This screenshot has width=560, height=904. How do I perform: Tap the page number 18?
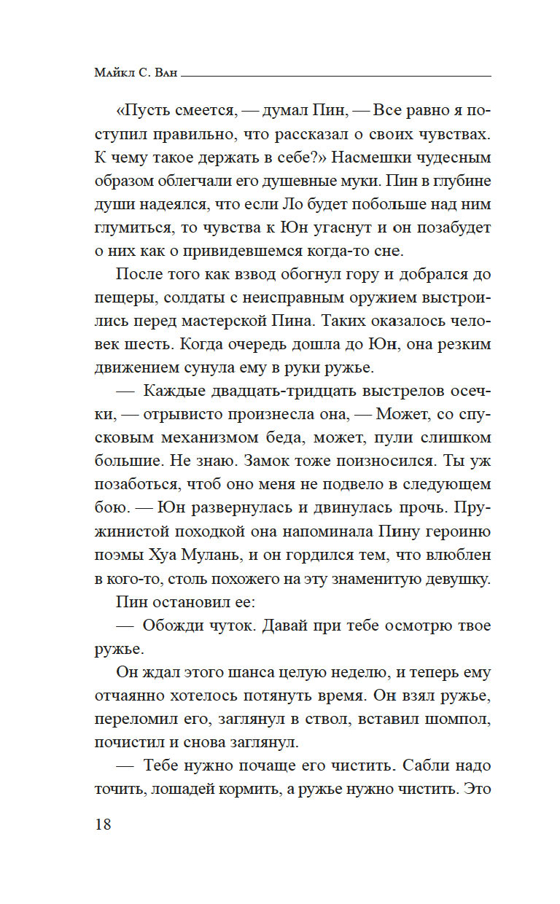[102, 825]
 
